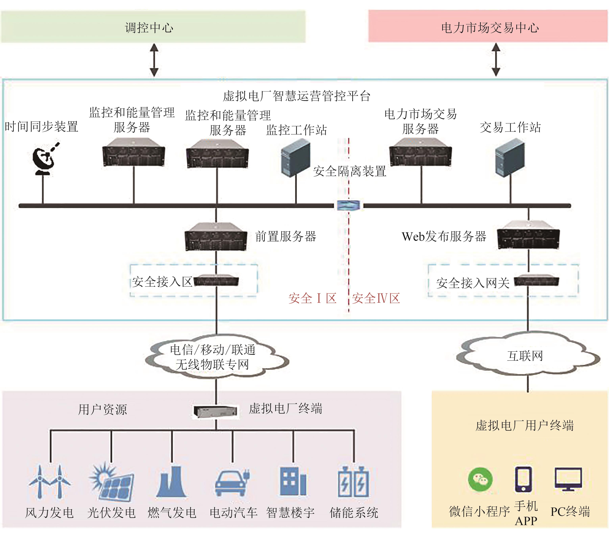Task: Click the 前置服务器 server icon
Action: [216, 237]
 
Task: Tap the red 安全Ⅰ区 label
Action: [312, 298]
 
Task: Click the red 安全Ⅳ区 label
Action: [376, 298]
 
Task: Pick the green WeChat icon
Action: [480, 480]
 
